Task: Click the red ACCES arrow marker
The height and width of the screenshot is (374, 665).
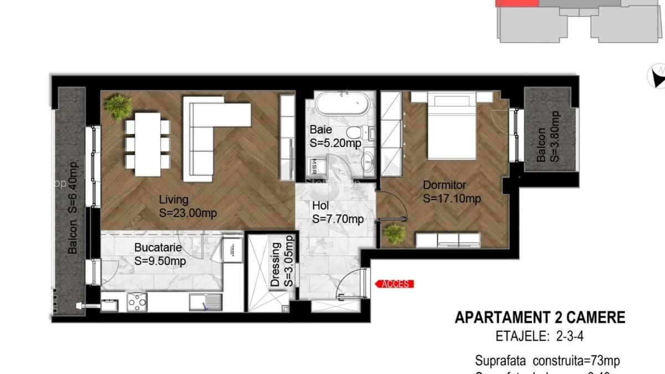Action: pyautogui.click(x=395, y=284)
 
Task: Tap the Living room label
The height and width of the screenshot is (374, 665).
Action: pyautogui.click(x=173, y=199)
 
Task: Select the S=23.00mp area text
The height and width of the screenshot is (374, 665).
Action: pyautogui.click(x=187, y=213)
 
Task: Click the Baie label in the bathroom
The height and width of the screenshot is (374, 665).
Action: pyautogui.click(x=321, y=130)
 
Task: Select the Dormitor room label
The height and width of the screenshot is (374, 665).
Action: pyautogui.click(x=444, y=185)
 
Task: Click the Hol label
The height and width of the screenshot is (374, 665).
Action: pyautogui.click(x=320, y=207)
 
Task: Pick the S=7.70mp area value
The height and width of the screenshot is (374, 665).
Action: pyautogui.click(x=338, y=219)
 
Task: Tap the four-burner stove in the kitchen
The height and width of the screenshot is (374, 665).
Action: pyautogui.click(x=137, y=302)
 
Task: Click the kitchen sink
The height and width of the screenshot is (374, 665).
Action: pyautogui.click(x=206, y=302)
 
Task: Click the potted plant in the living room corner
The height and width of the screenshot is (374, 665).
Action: pyautogui.click(x=119, y=106)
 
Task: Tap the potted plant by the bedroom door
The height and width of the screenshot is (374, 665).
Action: pyautogui.click(x=395, y=234)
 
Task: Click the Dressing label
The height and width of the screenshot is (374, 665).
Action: pyautogui.click(x=275, y=263)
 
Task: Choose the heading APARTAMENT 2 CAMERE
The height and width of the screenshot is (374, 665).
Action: pyautogui.click(x=540, y=317)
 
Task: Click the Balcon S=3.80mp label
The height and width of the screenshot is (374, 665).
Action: pyautogui.click(x=549, y=136)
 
